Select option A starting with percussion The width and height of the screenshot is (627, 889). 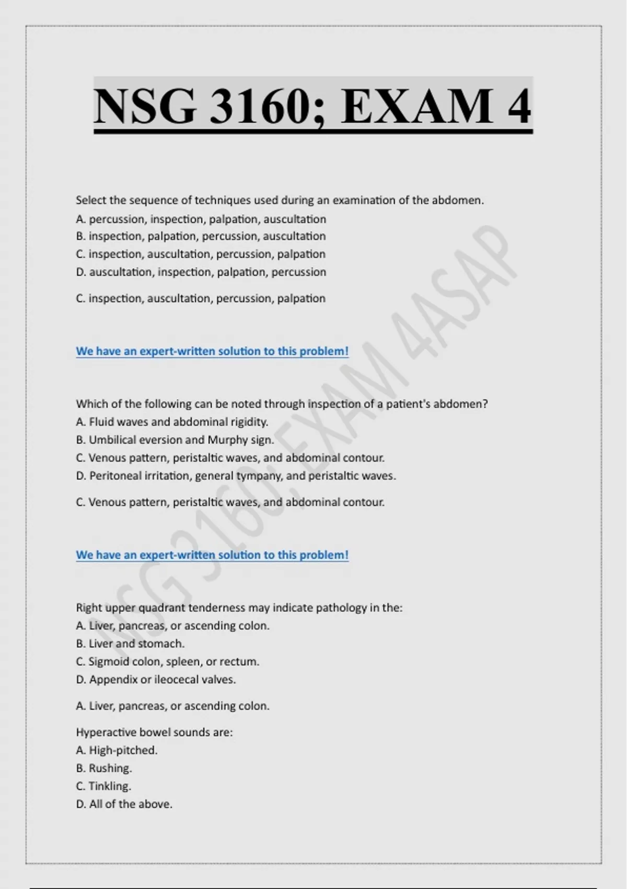point(201,219)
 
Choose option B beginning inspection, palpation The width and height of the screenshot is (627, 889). point(201,236)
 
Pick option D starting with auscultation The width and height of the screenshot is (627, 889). point(201,272)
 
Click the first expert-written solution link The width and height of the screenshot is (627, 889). point(212,351)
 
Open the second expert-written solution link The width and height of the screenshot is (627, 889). point(212,555)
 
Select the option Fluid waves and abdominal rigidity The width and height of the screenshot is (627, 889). point(172,422)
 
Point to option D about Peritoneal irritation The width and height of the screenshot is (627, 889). point(236,476)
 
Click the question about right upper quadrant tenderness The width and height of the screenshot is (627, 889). point(239,608)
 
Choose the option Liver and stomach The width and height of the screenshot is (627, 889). point(130,644)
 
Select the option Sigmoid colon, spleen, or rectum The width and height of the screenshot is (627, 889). point(167,662)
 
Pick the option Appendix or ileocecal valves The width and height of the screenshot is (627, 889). point(156,680)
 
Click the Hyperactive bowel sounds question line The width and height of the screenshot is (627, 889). point(154,732)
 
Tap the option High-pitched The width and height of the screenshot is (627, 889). point(117,750)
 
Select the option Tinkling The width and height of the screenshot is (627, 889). point(103,786)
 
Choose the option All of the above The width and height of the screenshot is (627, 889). point(124,804)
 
